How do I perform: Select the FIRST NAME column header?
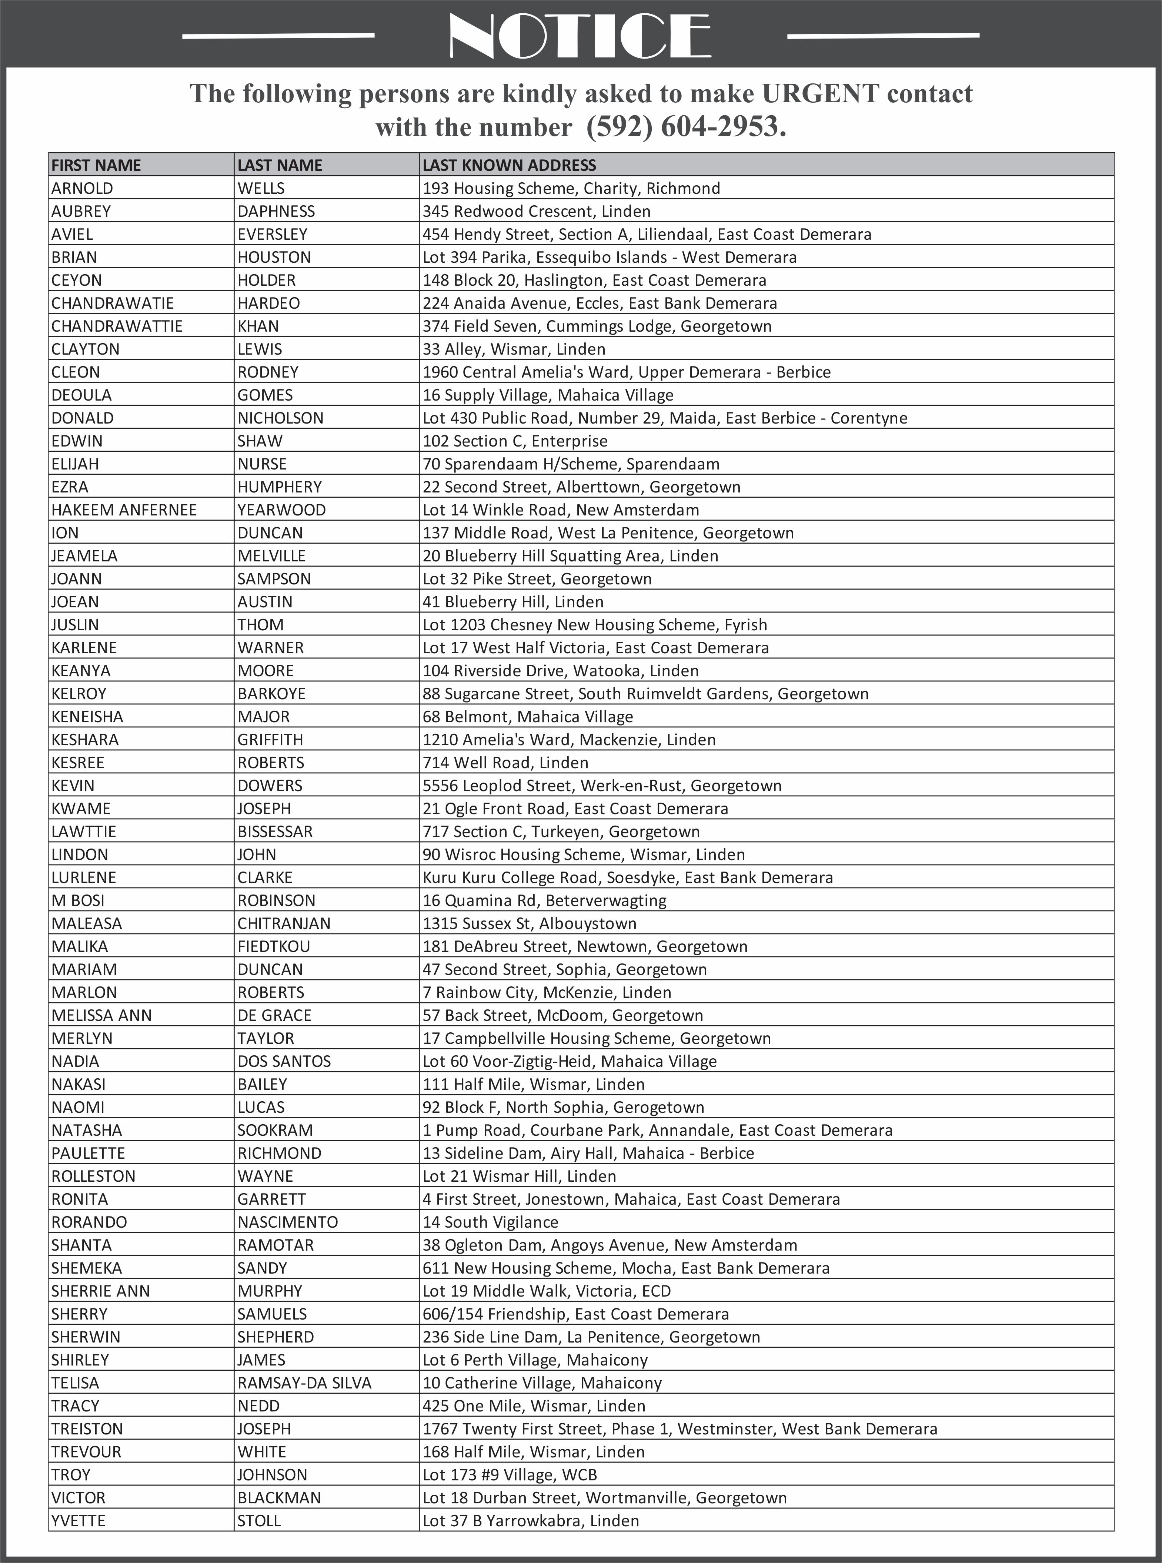click(x=96, y=165)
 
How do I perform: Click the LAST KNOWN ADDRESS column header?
click(x=509, y=165)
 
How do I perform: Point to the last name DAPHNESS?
click(x=276, y=211)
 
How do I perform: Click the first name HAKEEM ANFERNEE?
click(x=124, y=510)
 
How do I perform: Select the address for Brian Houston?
click(x=609, y=258)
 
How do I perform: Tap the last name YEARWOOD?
click(x=281, y=510)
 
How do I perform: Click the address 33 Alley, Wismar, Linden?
click(x=514, y=349)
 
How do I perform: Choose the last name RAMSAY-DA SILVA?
click(x=304, y=1383)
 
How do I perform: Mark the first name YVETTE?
click(x=78, y=1521)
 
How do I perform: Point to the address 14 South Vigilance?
click(x=490, y=1222)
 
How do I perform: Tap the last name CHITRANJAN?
click(x=284, y=923)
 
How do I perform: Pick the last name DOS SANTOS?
click(x=284, y=1061)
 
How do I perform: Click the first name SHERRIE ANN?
click(x=101, y=1291)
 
